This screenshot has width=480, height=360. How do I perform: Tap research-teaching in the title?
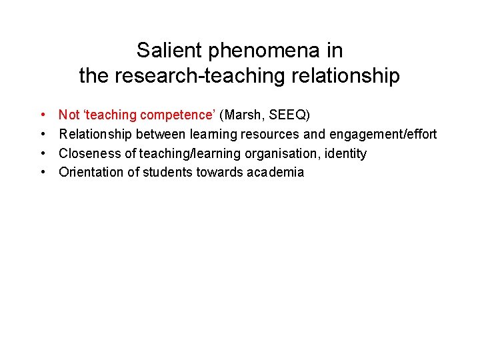coord(201,76)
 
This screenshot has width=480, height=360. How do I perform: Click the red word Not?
coord(68,115)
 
